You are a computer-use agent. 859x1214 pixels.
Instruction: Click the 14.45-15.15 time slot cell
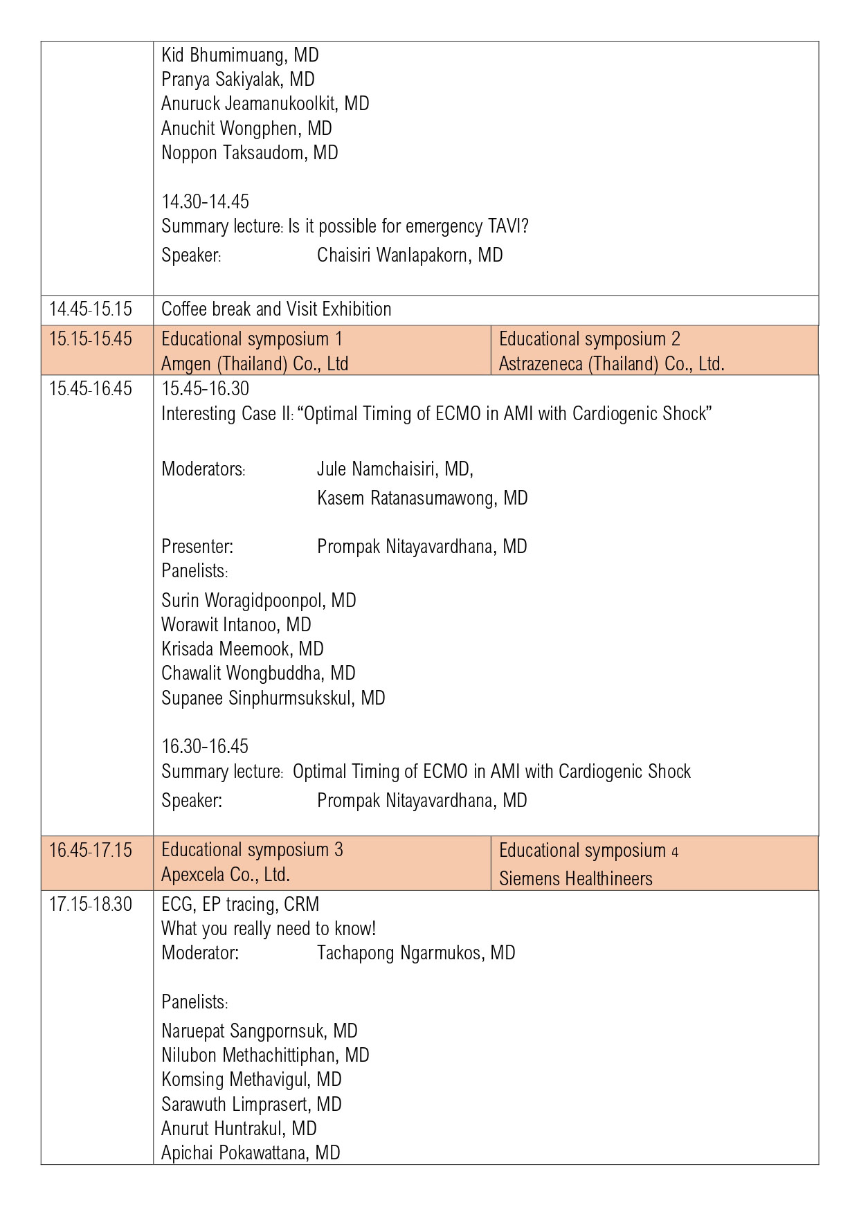pos(91,309)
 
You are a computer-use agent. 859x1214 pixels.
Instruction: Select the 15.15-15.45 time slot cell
pos(91,339)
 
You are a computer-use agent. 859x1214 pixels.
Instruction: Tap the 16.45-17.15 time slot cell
pos(91,850)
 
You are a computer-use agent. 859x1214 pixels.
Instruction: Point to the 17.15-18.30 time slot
pos(91,904)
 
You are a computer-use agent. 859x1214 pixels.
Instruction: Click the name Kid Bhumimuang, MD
pos(239,55)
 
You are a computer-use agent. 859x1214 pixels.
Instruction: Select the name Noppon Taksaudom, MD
pos(249,152)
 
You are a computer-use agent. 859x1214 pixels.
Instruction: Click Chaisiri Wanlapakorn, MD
pos(410,255)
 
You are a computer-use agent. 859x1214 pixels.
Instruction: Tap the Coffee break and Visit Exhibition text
pos(276,309)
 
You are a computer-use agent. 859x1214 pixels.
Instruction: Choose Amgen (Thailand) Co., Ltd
pos(255,363)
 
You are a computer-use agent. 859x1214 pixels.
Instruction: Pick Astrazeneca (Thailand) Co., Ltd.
pos(611,363)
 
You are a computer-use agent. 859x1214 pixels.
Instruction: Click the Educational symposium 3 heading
pos(252,850)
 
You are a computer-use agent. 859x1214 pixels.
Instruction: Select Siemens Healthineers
pos(575,878)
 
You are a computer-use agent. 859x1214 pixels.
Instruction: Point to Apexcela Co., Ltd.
pos(226,875)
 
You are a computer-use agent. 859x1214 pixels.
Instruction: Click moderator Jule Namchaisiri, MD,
pos(395,469)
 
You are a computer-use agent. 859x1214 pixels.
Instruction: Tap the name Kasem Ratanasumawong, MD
pos(422,498)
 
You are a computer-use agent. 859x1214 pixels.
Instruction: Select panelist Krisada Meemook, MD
pos(242,649)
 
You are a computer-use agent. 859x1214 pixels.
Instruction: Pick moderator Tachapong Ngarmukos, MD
pos(416,952)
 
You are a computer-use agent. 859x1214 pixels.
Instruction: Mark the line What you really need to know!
pos(269,928)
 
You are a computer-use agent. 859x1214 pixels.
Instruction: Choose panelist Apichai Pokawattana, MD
pos(251,1152)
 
